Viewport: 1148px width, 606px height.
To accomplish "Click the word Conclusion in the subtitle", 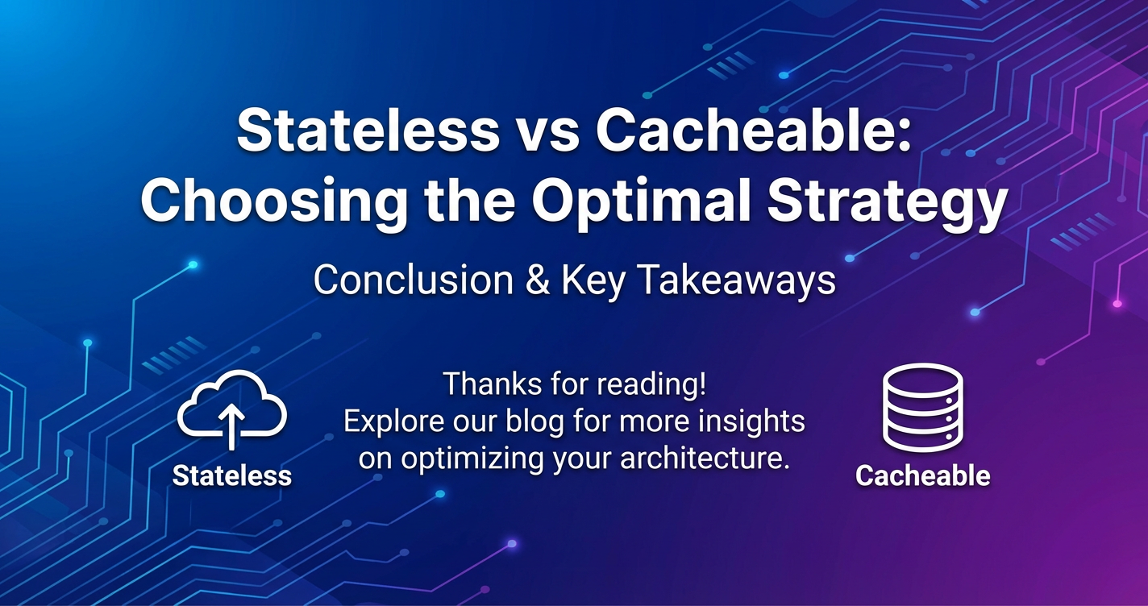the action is [x=414, y=280].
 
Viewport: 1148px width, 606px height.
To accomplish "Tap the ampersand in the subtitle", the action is [x=538, y=280].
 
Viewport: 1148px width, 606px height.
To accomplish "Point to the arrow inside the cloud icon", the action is [x=232, y=426].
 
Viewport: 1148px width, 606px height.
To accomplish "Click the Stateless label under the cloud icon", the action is [x=232, y=475].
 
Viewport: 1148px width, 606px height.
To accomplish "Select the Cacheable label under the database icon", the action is [x=923, y=475].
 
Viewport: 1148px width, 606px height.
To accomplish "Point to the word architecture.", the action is [x=704, y=458].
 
